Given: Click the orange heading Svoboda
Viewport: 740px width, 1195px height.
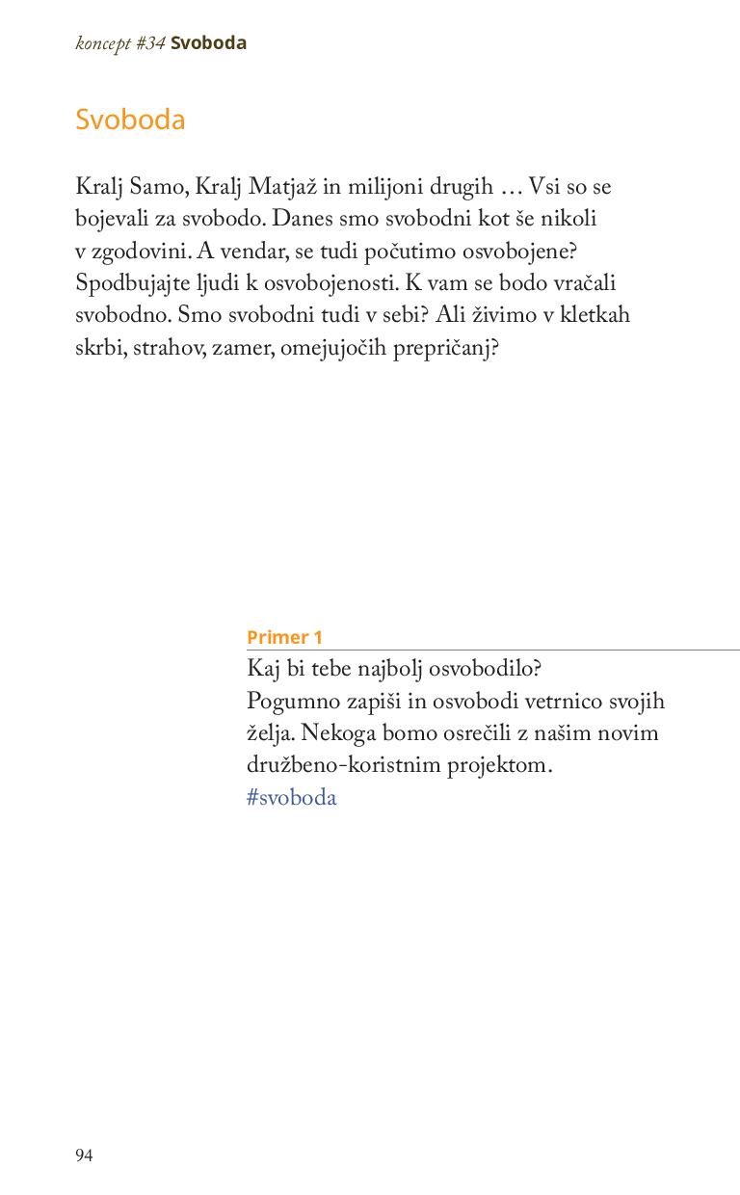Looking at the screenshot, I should click(130, 119).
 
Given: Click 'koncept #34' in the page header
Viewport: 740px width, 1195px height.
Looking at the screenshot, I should click(120, 43).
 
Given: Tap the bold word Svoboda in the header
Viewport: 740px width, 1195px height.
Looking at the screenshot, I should click(208, 43).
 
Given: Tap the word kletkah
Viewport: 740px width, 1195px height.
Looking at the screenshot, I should click(594, 315).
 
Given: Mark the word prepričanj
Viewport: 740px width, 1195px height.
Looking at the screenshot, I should click(445, 348).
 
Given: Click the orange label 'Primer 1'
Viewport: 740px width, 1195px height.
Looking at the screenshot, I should click(284, 637).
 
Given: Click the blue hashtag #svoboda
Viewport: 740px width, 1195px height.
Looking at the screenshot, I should click(292, 798).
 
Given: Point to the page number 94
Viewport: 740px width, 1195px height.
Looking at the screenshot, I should click(84, 1155).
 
